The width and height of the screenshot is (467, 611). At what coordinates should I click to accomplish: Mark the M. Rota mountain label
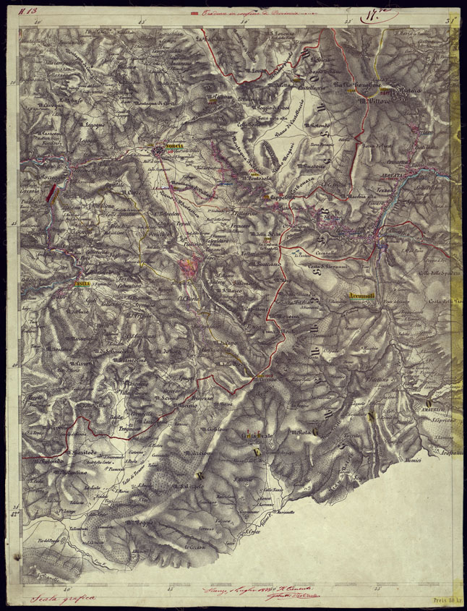click(x=301, y=433)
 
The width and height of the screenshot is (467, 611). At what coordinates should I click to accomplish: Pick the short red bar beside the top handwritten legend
click(x=193, y=12)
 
